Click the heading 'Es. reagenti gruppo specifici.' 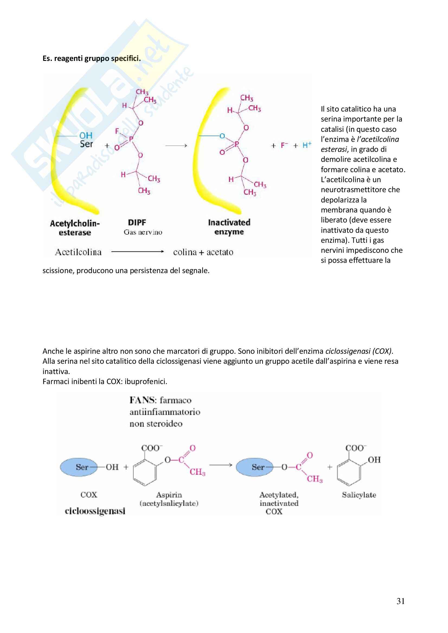point(91,58)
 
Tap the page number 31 point(401,601)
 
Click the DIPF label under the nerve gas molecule point(137,222)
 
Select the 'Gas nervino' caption point(143,232)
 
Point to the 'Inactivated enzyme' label point(229,227)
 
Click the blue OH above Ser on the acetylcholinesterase point(86,135)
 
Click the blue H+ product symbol point(307,145)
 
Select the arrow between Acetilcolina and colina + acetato point(137,251)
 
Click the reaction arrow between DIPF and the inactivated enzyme point(176,145)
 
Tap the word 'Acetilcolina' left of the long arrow point(78,252)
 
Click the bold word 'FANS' point(141,400)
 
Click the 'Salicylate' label point(359,495)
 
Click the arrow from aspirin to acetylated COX point(221,465)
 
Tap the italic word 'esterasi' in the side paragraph point(333,149)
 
